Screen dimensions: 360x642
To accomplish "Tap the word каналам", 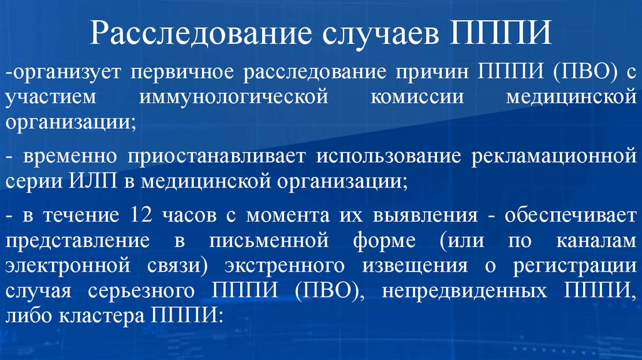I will pyautogui.click(x=595, y=241).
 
